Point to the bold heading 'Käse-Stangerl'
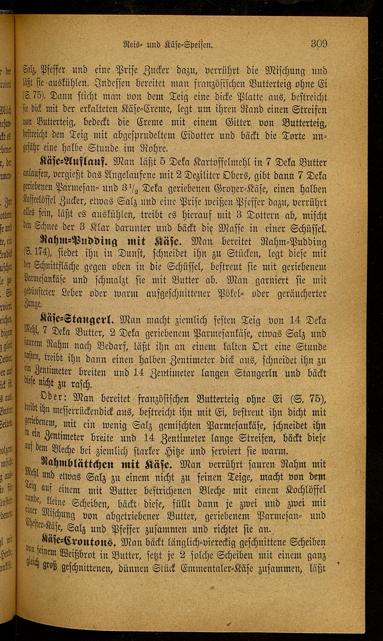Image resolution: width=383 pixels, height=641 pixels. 76,320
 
